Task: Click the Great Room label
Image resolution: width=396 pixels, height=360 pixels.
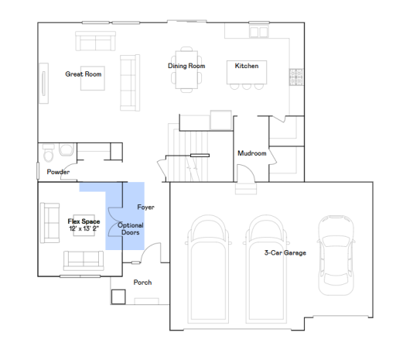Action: tap(84, 74)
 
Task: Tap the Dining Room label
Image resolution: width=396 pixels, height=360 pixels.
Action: tap(186, 66)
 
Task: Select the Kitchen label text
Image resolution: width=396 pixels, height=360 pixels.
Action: tap(247, 66)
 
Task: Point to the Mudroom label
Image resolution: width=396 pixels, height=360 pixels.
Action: tap(252, 153)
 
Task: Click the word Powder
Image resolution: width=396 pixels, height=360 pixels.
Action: tap(58, 172)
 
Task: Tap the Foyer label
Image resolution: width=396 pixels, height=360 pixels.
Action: tap(145, 207)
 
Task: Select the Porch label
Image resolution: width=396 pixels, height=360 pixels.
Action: tap(142, 283)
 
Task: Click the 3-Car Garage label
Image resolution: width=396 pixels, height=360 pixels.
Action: tap(285, 252)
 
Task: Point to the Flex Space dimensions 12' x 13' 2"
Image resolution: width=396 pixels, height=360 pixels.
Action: tap(84, 228)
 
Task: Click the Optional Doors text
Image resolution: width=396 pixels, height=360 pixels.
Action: tap(131, 228)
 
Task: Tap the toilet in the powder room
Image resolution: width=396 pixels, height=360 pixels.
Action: tap(49, 153)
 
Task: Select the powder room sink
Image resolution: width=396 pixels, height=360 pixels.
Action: tap(67, 149)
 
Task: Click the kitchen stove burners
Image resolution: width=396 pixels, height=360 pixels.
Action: tap(296, 77)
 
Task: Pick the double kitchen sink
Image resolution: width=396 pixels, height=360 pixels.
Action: tap(259, 32)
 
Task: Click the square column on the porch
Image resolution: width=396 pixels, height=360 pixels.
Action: tap(118, 297)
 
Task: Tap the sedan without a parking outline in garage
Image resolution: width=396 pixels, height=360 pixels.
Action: tap(336, 255)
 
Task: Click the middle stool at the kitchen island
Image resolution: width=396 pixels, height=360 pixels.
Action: tap(247, 87)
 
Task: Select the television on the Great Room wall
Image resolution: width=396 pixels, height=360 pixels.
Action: tap(44, 84)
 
